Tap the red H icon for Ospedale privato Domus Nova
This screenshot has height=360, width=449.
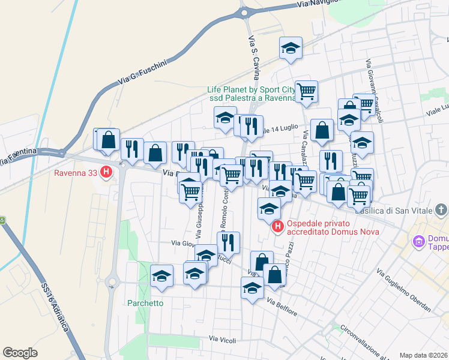coord(278,226)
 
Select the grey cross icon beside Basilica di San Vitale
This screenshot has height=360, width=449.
coord(442,210)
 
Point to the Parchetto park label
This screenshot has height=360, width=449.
coord(145,303)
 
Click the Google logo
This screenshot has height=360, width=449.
coord(20,352)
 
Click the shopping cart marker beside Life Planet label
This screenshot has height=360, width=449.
coord(306,92)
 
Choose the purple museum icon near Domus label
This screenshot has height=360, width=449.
coord(418,242)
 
